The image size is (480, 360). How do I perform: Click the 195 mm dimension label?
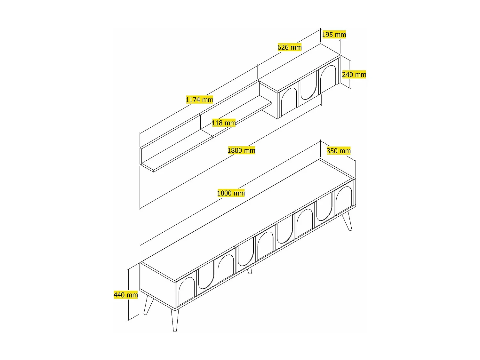(334, 35)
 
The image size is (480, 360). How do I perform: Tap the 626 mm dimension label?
(289, 47)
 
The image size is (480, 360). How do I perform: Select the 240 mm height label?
(354, 75)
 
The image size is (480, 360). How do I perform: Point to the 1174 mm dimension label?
(199, 100)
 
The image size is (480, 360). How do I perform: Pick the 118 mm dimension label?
(224, 123)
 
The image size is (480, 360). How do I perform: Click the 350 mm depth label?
(338, 151)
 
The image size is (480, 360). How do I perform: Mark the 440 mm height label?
(126, 295)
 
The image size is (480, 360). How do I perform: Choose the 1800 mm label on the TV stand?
(231, 193)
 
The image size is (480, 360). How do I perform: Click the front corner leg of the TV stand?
(174, 320)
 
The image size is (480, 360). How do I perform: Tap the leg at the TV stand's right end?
(348, 221)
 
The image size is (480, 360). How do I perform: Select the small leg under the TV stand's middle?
(250, 271)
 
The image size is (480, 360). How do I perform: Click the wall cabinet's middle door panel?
(308, 88)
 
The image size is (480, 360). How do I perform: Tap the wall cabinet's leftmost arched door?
(288, 103)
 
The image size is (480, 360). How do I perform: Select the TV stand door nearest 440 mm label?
(186, 291)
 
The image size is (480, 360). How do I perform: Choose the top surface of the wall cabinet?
(300, 68)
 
